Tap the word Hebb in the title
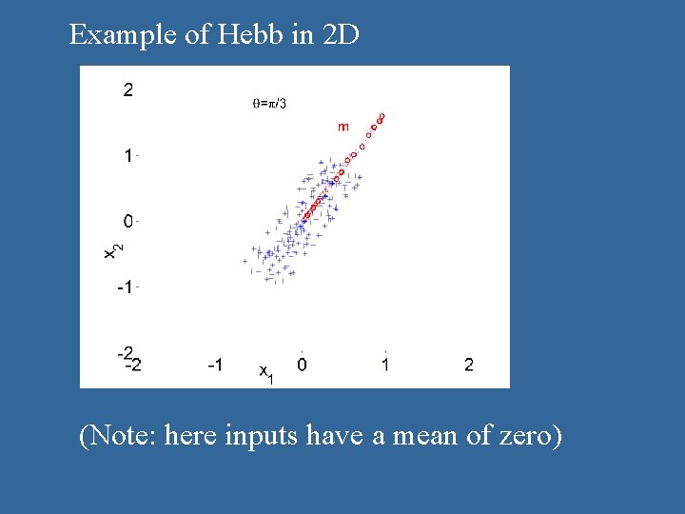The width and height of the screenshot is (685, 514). [x=242, y=36]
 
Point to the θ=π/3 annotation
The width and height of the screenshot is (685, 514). [x=269, y=103]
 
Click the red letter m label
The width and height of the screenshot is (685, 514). [x=342, y=127]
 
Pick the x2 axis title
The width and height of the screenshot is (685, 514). [x=112, y=248]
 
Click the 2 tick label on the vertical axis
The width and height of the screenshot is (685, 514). [x=127, y=91]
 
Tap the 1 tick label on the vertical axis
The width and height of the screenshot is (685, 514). [x=127, y=156]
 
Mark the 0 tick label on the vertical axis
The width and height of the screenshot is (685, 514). [x=127, y=221]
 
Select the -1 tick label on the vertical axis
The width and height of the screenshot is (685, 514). [x=124, y=287]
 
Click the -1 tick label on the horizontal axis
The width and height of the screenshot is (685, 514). [x=216, y=365]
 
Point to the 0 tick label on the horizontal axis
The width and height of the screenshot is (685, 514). [x=301, y=365]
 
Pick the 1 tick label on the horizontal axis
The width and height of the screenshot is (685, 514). [x=384, y=365]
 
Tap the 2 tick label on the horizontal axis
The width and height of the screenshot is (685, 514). [x=468, y=365]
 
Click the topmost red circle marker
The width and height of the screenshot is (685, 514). [x=382, y=116]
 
